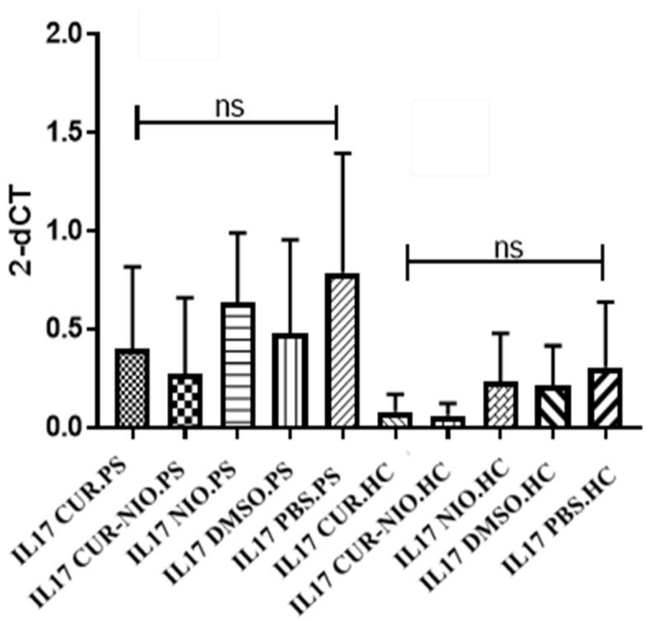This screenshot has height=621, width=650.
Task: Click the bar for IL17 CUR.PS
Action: coord(132,388)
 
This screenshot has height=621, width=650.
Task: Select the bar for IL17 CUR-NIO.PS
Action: coord(185,401)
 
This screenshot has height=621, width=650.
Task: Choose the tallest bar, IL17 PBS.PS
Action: coord(341,351)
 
